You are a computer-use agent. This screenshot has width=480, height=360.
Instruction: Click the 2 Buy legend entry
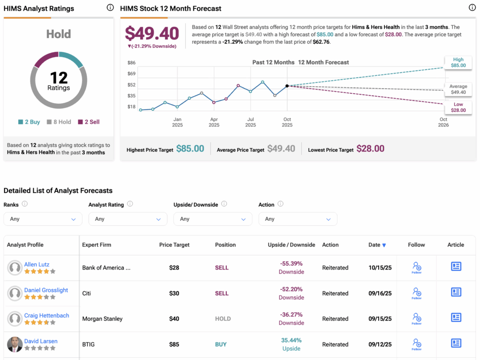[x=29, y=122]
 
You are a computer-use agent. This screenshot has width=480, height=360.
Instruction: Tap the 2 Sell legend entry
[x=89, y=122]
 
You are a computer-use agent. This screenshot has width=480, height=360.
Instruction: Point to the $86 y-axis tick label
[x=132, y=63]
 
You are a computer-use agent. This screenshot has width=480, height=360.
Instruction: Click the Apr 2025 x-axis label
[x=214, y=122]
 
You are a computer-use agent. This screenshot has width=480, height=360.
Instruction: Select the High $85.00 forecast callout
[x=458, y=62]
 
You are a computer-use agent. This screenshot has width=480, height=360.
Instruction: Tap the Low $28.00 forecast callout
[x=458, y=107]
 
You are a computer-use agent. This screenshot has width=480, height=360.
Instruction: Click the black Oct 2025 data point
[x=287, y=86]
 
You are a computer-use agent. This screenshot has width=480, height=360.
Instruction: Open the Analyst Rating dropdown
[x=127, y=219]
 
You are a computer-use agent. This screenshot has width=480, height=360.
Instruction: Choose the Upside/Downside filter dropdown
[x=213, y=219]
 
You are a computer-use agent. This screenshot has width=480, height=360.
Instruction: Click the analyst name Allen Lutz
[x=37, y=264]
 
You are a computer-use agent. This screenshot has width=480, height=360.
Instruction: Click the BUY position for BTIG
[x=221, y=345]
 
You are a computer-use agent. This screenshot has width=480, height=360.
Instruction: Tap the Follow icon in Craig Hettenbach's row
[x=416, y=318]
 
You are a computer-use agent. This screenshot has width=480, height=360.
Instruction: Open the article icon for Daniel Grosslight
[x=456, y=292]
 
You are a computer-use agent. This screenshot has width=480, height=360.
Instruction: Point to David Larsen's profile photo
[x=15, y=345]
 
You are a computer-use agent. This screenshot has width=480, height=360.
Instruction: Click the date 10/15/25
[x=380, y=268]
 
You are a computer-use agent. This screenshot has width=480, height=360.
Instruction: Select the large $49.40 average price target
[x=152, y=33]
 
